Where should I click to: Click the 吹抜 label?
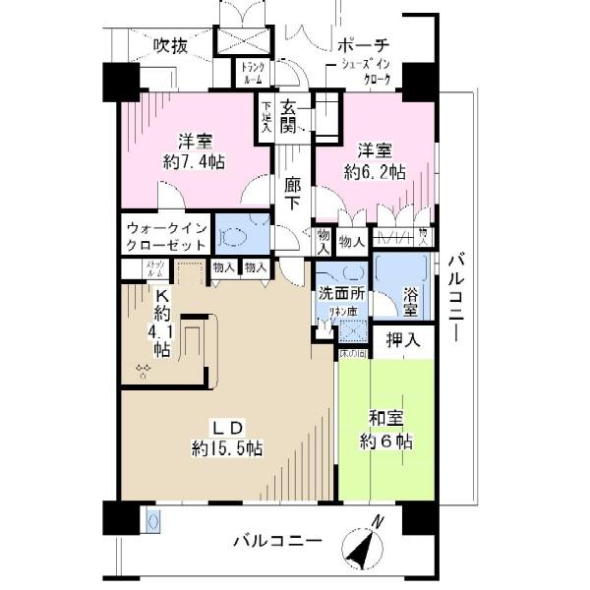(171, 45)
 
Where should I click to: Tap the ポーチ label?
(363, 45)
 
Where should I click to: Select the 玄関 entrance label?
(289, 116)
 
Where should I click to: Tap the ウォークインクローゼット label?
(166, 236)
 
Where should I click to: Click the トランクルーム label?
(251, 73)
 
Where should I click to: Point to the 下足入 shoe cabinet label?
(266, 115)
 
